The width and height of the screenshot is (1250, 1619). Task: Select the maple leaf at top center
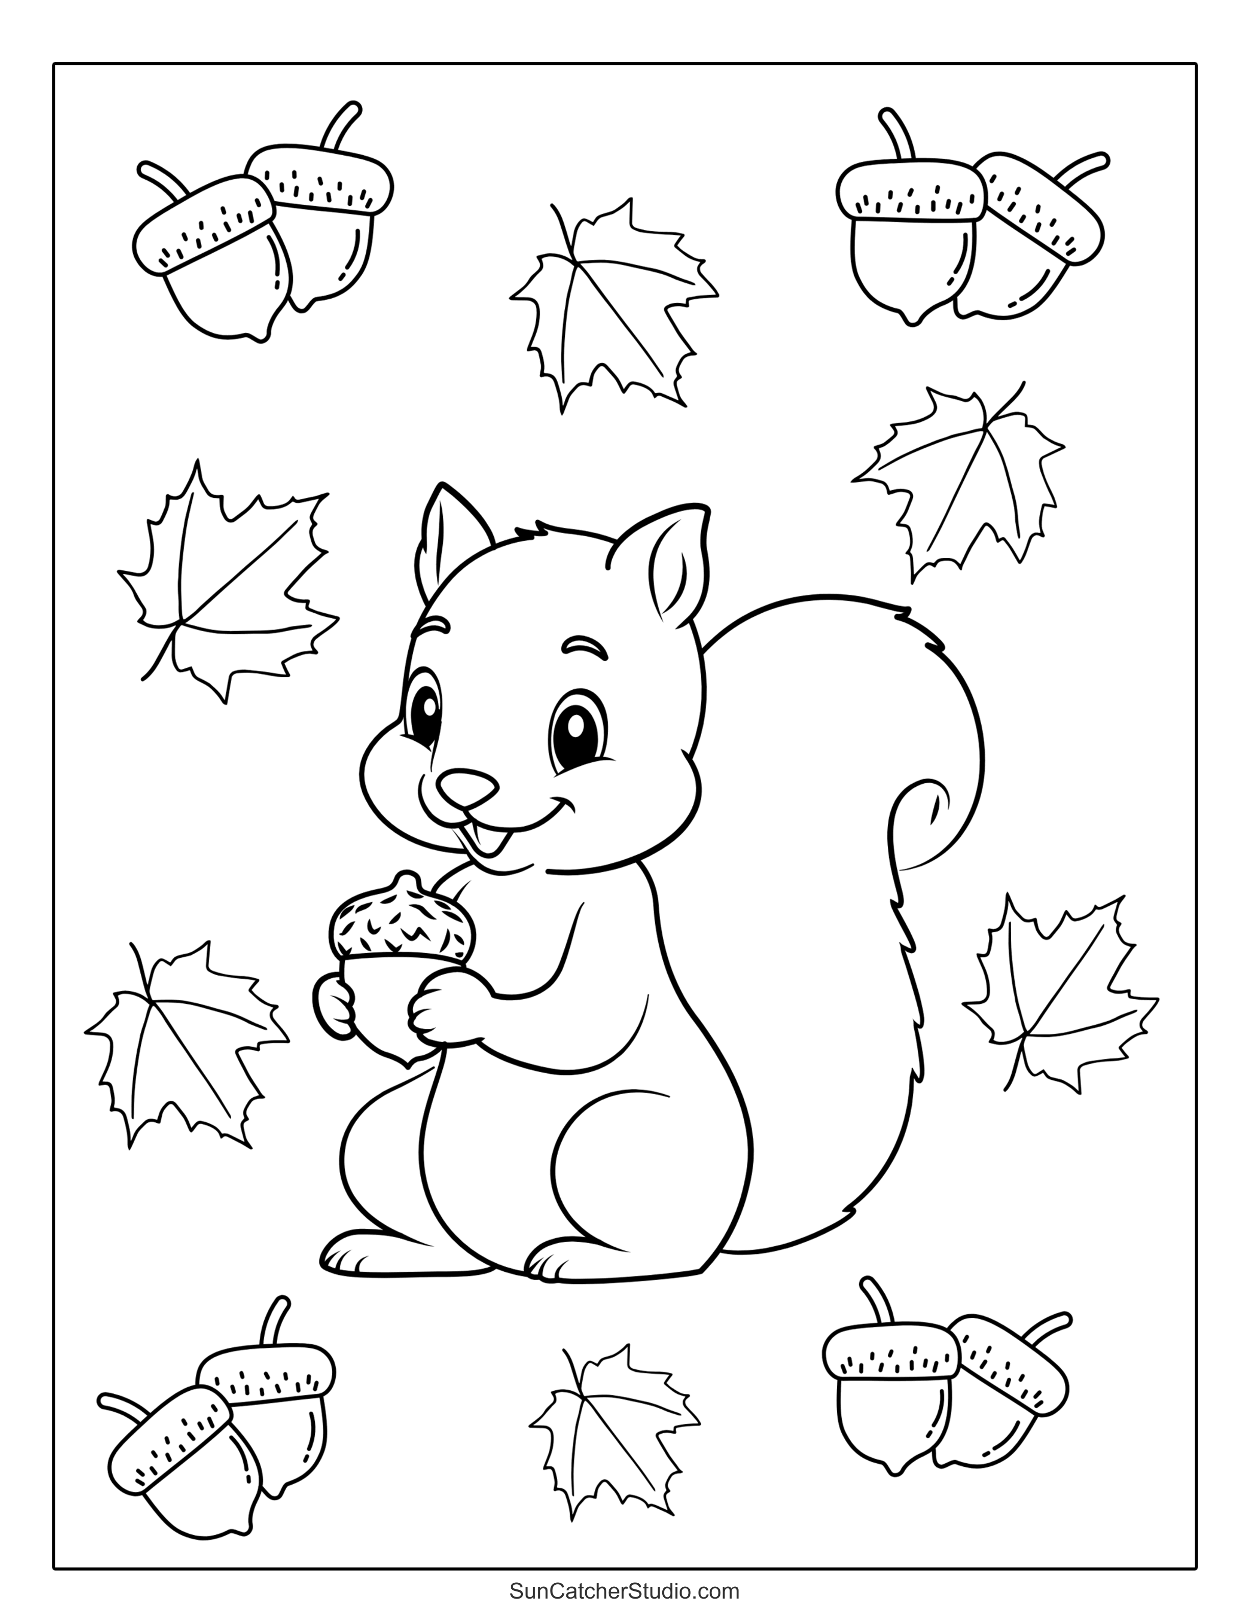(x=613, y=305)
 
